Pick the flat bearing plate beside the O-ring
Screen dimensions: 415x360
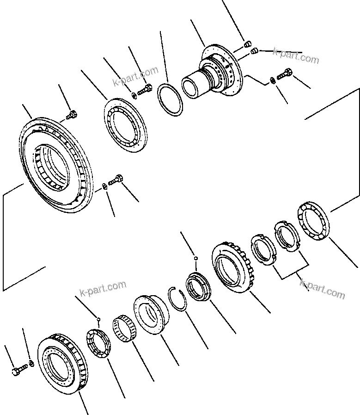(124, 124)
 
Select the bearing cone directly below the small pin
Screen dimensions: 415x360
(98, 342)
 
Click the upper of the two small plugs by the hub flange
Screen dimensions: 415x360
(247, 44)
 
